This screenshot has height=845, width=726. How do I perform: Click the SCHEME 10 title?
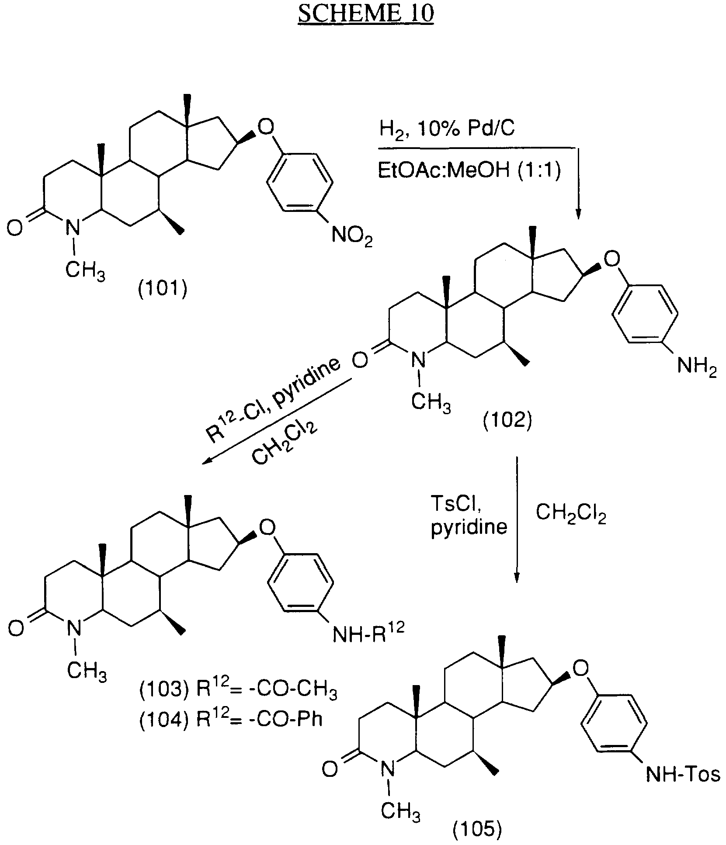click(366, 13)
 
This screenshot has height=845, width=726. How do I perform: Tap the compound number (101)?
click(163, 289)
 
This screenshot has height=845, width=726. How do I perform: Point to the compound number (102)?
click(507, 421)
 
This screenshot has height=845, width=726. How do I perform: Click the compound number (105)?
click(476, 825)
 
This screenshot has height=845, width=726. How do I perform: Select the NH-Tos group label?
click(683, 775)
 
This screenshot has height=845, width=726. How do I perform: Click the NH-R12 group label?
click(368, 632)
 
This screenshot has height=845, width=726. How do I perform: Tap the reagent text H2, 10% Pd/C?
click(447, 130)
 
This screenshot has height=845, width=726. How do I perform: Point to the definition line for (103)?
click(238, 691)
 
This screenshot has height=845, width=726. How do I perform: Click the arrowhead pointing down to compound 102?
click(578, 213)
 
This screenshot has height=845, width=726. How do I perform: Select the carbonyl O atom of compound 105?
click(330, 769)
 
